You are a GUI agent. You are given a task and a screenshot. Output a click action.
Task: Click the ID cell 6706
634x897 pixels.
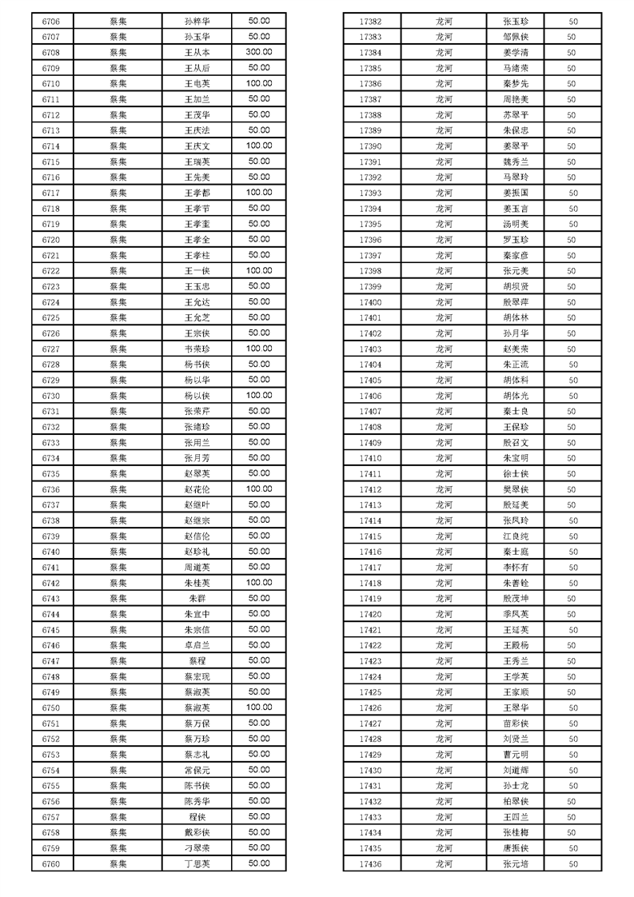pyautogui.click(x=51, y=22)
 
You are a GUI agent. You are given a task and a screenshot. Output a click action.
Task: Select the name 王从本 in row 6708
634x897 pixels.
pyautogui.click(x=197, y=53)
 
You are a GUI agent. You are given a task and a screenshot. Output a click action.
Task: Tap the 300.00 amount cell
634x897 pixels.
pyautogui.click(x=258, y=52)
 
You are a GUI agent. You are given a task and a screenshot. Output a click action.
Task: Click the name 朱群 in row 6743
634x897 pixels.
pyautogui.click(x=197, y=598)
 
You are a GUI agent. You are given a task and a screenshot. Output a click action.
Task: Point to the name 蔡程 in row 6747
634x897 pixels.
pyautogui.click(x=197, y=660)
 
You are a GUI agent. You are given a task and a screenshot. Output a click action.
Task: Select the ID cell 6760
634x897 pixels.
pyautogui.click(x=51, y=863)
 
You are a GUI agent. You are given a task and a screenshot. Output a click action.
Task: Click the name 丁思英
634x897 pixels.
pyautogui.click(x=197, y=863)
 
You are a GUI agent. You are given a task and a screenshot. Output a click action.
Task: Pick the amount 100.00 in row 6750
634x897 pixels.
pyautogui.click(x=258, y=707)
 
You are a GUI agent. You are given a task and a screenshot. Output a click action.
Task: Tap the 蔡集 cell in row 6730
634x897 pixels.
pyautogui.click(x=118, y=396)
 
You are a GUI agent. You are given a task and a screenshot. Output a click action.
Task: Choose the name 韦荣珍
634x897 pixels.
pyautogui.click(x=197, y=349)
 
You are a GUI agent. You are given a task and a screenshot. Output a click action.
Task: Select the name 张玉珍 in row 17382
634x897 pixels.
pyautogui.click(x=516, y=22)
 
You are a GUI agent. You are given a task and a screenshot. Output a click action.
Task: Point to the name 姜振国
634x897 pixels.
pyautogui.click(x=516, y=193)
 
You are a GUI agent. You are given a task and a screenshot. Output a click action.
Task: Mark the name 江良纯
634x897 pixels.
pyautogui.click(x=516, y=536)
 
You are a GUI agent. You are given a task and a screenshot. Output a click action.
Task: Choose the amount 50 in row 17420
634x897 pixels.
pyautogui.click(x=572, y=614)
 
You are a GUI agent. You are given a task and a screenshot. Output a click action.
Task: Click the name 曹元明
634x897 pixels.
pyautogui.click(x=516, y=754)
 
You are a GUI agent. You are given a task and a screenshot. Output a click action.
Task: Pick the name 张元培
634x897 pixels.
pyautogui.click(x=516, y=863)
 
